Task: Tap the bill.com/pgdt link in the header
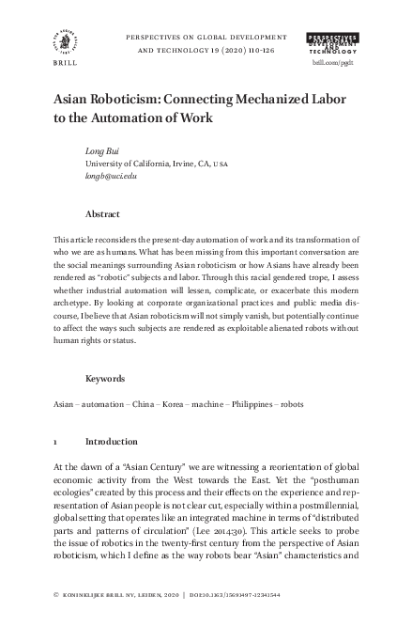(x=332, y=59)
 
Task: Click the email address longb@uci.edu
(x=111, y=176)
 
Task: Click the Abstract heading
(x=102, y=214)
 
